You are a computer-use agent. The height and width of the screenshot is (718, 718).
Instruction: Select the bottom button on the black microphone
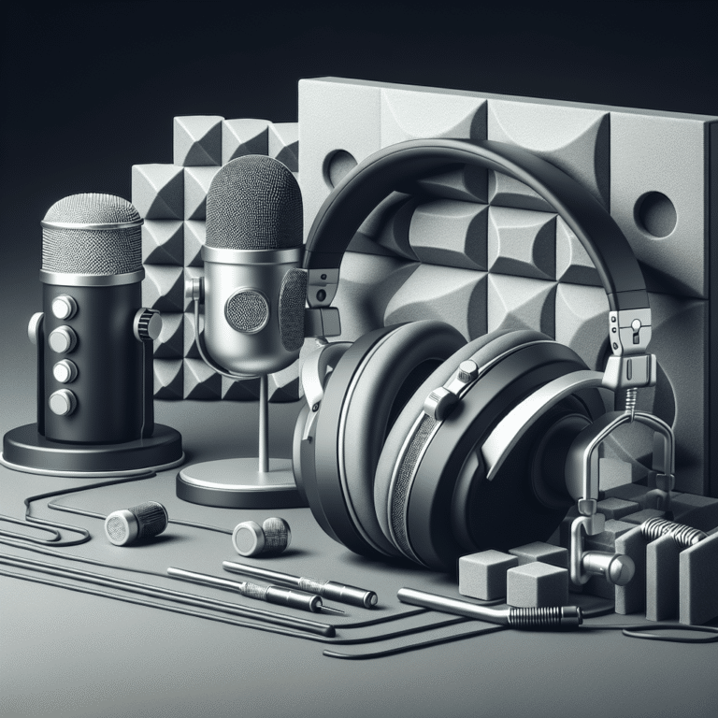63,402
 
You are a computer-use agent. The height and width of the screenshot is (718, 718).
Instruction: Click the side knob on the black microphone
148,324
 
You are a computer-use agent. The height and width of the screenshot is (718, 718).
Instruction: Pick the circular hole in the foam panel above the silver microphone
338,167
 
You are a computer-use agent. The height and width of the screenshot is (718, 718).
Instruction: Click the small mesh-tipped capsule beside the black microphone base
135,523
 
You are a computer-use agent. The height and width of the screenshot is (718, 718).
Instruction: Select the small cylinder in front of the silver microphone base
261,537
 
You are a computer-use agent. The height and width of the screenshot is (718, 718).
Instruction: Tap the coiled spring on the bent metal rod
548,615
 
